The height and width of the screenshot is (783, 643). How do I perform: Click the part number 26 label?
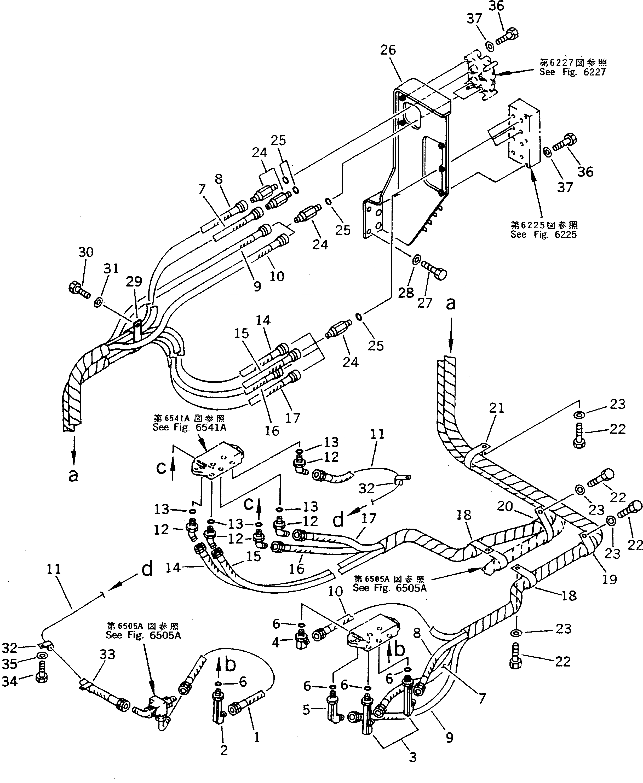pyautogui.click(x=388, y=50)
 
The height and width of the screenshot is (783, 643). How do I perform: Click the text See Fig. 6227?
pyautogui.click(x=572, y=72)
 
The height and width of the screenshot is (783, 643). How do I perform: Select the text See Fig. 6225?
pyautogui.click(x=543, y=235)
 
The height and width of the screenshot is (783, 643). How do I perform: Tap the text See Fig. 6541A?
pyautogui.click(x=189, y=427)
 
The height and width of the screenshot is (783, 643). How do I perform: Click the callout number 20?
pyautogui.click(x=504, y=506)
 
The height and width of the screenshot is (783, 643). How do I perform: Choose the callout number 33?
pyautogui.click(x=107, y=654)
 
